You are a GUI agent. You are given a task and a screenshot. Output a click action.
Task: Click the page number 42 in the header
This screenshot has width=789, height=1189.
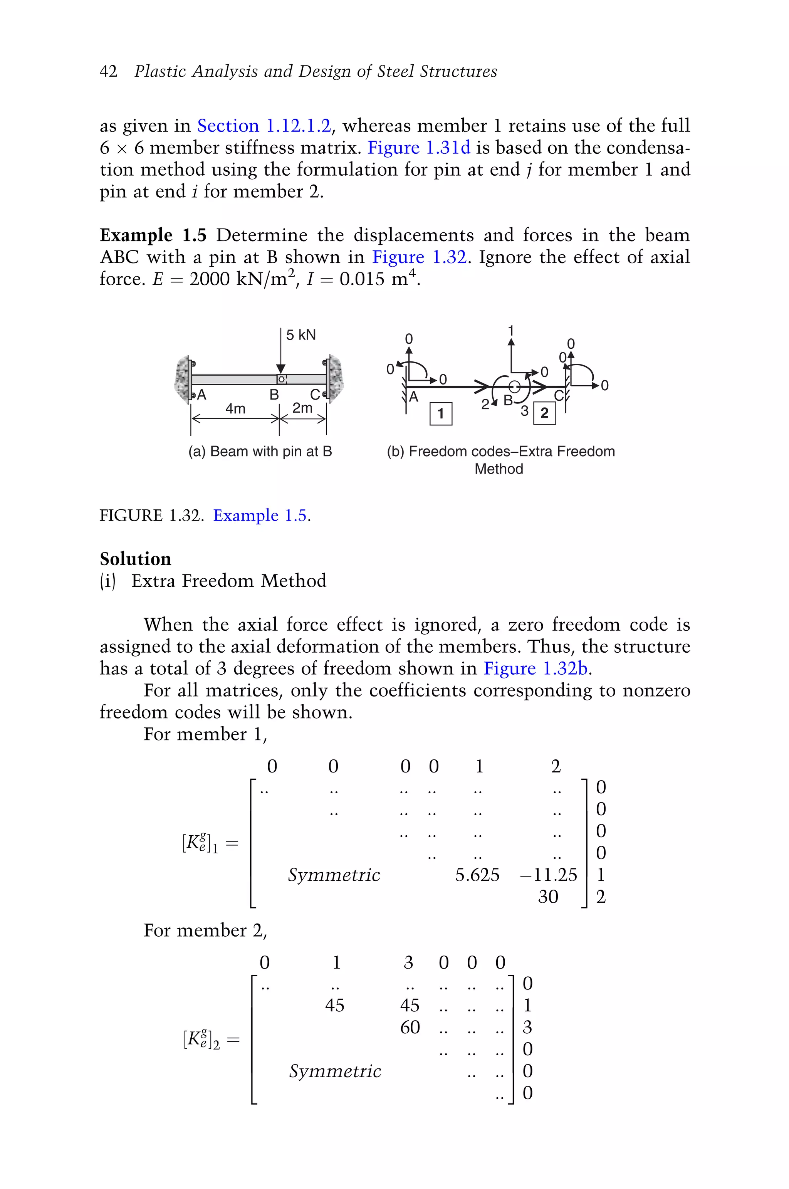[108, 71]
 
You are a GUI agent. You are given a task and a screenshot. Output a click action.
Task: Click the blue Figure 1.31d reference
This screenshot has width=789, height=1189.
[419, 148]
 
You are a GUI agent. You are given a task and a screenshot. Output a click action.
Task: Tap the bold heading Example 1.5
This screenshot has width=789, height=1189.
[153, 235]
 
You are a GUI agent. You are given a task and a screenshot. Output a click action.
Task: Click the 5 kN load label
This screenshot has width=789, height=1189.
[300, 335]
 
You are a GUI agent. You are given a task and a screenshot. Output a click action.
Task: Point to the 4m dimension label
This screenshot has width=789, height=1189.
[235, 408]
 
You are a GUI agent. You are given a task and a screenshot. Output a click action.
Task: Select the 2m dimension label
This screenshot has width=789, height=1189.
[302, 408]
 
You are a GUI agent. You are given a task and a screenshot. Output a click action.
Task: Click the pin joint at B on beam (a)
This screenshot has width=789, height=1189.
[282, 379]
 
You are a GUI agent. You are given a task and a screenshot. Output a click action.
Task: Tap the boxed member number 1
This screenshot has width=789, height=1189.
[441, 414]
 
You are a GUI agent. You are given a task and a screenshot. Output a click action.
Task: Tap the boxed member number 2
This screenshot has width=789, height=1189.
[544, 414]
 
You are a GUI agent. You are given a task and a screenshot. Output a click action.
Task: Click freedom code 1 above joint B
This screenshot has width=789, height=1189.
[511, 331]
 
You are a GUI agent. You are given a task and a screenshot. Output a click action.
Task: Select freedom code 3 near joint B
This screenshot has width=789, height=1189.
[524, 411]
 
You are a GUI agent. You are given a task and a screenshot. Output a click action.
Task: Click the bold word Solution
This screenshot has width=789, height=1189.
[135, 559]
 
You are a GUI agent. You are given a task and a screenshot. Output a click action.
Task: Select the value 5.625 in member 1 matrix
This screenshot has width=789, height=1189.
[477, 875]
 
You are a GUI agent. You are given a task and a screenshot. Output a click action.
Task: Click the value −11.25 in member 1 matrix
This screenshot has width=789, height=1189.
[549, 875]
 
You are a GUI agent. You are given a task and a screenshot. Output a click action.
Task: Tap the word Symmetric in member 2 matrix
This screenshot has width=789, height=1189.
[335, 1071]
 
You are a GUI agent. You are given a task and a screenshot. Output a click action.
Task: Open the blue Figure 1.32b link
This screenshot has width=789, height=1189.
[536, 669]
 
